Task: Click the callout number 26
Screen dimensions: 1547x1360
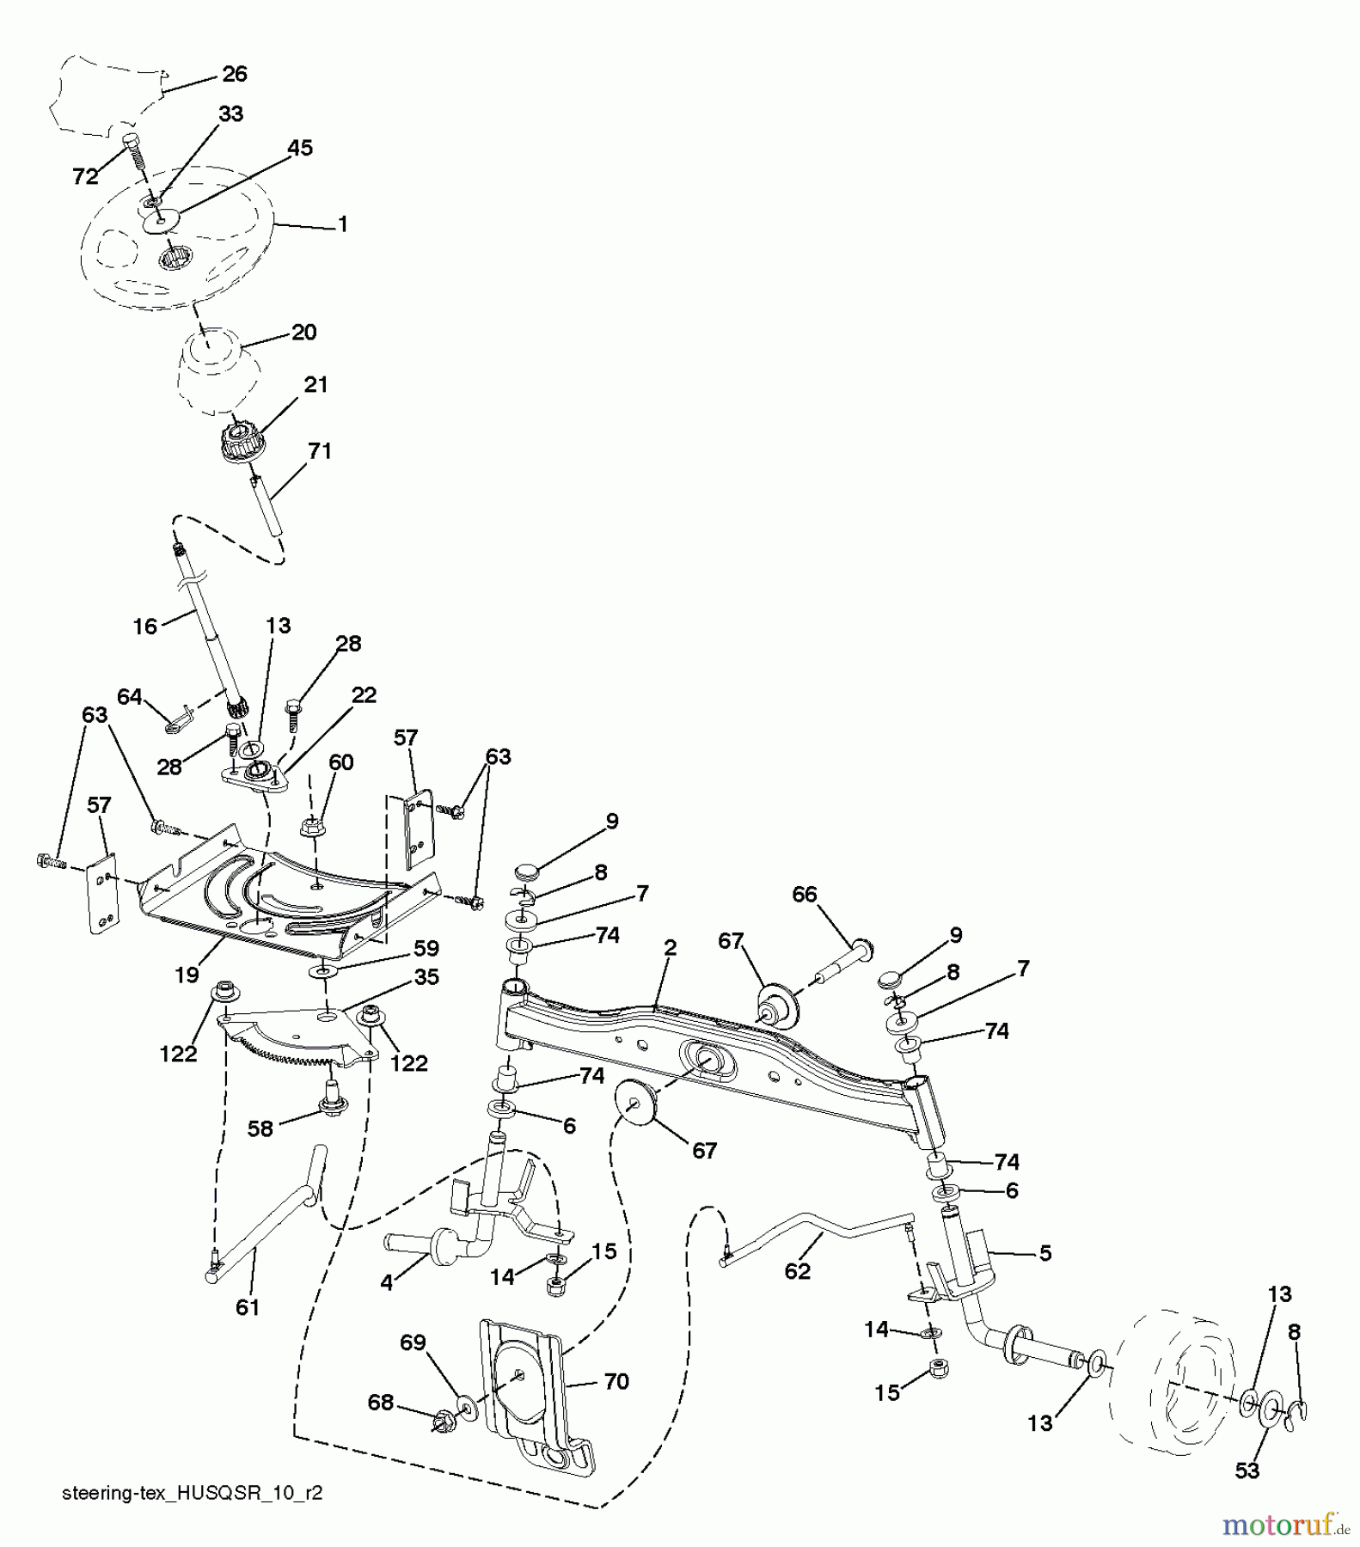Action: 234,75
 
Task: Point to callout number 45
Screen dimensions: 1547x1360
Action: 299,148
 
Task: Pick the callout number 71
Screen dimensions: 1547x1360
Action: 319,450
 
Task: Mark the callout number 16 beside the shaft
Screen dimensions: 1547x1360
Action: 144,627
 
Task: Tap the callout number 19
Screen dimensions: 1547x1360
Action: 187,975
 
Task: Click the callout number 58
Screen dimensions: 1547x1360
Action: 260,1128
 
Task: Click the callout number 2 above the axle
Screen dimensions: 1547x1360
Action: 670,947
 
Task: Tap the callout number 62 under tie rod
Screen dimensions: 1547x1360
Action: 797,1271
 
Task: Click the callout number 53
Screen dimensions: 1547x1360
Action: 1247,1471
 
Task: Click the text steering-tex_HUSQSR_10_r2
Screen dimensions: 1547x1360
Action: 193,1494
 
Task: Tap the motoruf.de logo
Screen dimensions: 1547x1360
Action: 1281,1525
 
